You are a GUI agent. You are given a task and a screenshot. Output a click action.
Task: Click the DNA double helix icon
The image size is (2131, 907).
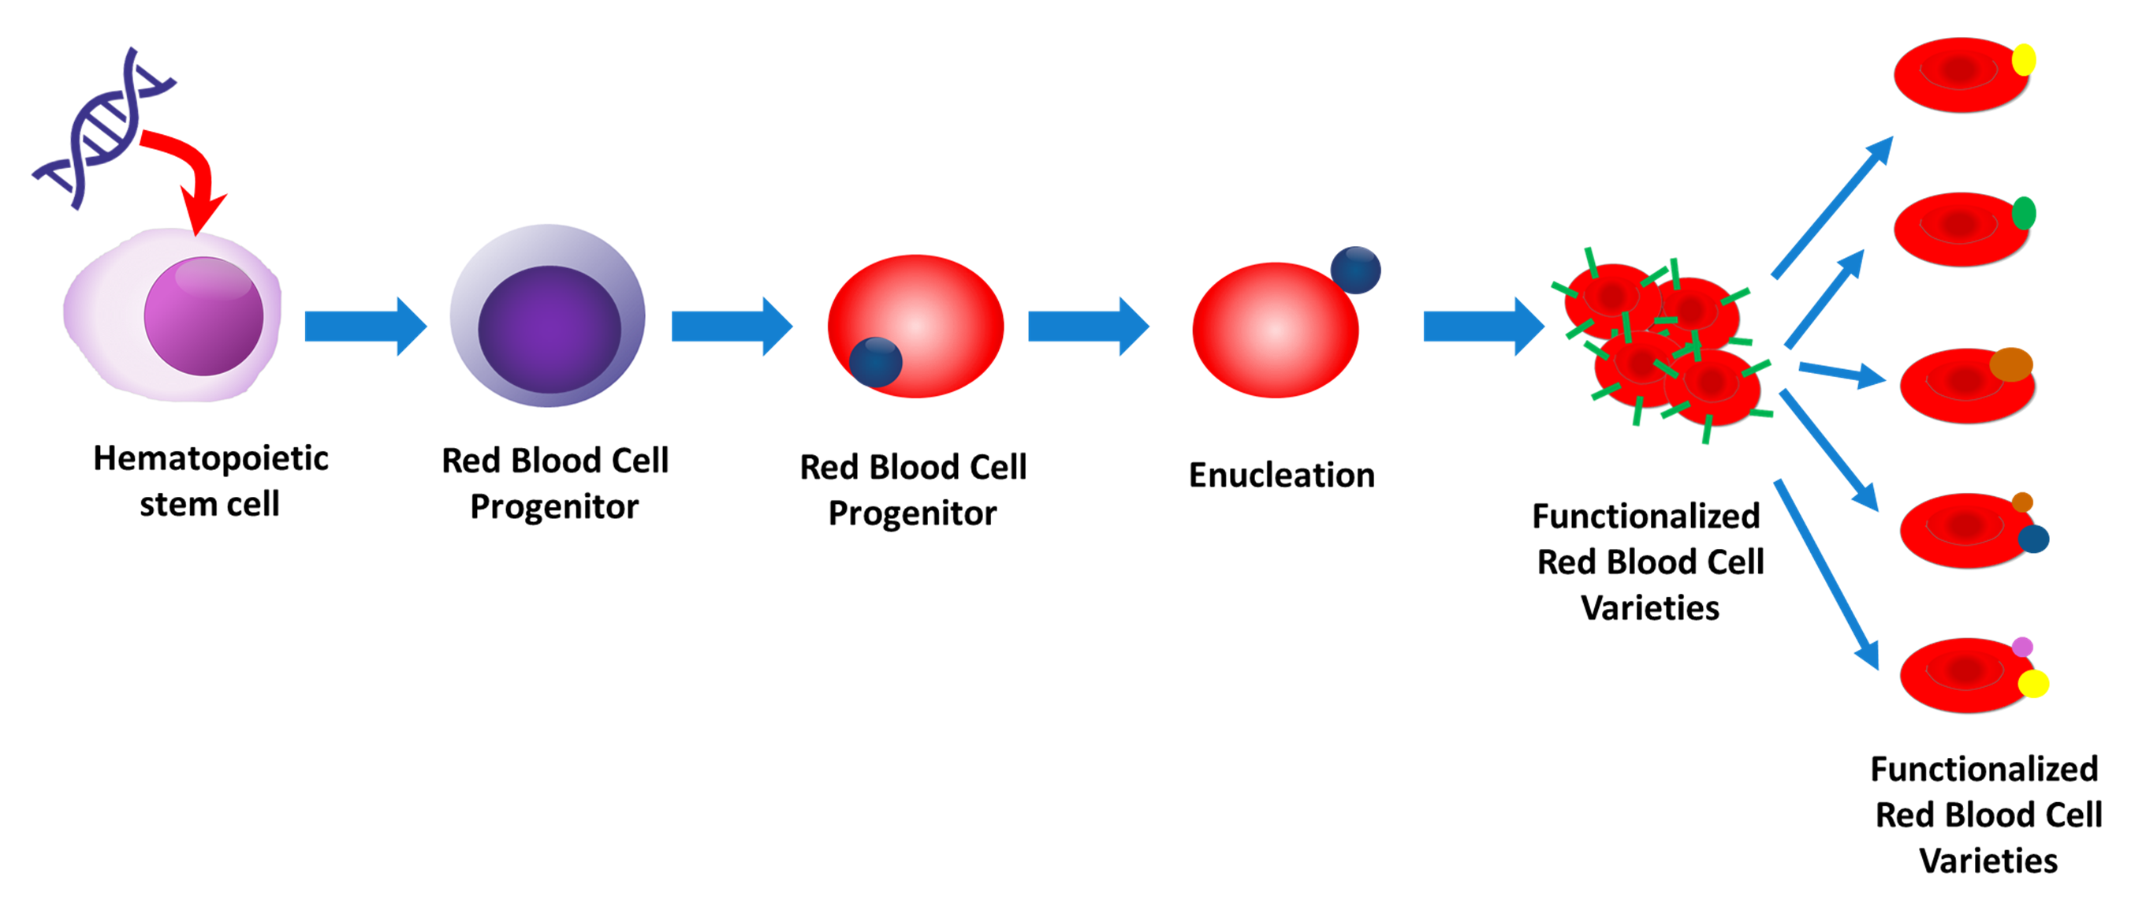coord(103,129)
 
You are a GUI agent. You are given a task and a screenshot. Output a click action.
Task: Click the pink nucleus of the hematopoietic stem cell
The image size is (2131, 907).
coord(203,315)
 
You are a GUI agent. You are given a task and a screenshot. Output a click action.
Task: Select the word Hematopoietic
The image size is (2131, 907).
coord(210,457)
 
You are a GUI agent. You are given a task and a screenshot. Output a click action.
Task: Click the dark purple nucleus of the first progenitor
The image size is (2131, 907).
coord(550,329)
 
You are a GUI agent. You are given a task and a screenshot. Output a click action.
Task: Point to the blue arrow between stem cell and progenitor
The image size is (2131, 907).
coord(366,326)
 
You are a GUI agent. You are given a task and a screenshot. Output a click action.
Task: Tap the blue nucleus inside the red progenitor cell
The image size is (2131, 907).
coord(875,362)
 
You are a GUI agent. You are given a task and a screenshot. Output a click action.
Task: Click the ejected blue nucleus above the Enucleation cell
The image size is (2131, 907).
coord(1355,270)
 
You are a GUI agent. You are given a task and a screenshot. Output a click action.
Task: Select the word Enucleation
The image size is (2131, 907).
coord(1281,475)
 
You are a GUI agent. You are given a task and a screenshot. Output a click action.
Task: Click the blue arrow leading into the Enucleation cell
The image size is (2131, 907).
coord(1089,326)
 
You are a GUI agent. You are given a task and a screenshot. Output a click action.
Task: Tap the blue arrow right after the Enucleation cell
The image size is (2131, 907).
coord(1484,326)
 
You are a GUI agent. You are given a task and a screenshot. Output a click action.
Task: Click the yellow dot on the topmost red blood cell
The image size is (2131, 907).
coord(2024,60)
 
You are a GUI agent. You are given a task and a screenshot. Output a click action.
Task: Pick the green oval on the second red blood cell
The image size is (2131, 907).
coord(2024,214)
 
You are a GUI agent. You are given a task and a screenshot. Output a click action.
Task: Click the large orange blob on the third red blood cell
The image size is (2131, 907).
coord(2011,365)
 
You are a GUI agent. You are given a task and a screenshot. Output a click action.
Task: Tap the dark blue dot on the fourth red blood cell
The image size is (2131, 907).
coord(2033,539)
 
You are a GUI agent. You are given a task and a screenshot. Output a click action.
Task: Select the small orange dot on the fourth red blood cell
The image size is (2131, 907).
coord(2021,502)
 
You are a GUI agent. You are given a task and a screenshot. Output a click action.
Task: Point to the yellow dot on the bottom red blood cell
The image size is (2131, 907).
coord(2033,684)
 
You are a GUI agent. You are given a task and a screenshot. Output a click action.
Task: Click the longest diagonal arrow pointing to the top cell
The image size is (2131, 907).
coord(1832,207)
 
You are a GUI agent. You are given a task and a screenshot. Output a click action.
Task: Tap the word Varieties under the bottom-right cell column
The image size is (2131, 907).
coord(1988,861)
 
